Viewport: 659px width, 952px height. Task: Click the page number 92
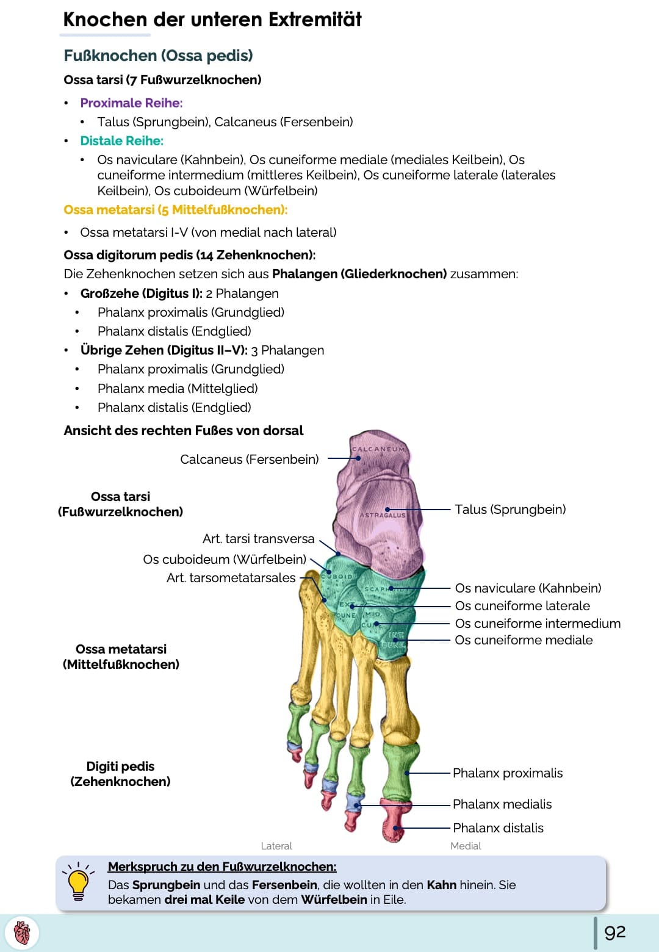tap(614, 932)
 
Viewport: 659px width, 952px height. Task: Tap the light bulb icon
tap(78, 882)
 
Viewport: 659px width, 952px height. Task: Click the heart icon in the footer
tap(21, 933)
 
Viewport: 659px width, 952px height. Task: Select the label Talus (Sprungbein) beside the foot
tap(510, 510)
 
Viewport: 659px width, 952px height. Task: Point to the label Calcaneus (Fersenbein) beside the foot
tap(249, 460)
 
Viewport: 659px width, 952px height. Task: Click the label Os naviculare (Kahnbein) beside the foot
tap(528, 588)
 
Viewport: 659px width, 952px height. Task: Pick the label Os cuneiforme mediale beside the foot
tap(524, 640)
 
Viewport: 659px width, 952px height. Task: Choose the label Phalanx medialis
tap(502, 804)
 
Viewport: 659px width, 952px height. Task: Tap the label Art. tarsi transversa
tap(258, 539)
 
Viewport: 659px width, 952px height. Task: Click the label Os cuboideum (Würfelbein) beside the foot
tap(225, 560)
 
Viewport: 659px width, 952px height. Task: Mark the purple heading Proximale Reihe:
tap(131, 103)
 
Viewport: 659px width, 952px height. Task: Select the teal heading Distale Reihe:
tap(121, 141)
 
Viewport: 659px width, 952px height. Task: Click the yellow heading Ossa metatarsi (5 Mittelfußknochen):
tap(175, 210)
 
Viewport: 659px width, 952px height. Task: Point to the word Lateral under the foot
tap(276, 846)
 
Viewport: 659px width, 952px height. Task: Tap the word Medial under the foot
tap(466, 846)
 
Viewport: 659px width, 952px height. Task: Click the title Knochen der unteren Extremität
tap(212, 20)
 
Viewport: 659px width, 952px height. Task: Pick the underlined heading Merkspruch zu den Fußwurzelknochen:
tap(222, 867)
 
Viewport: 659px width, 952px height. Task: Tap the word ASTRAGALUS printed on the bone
tap(383, 515)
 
